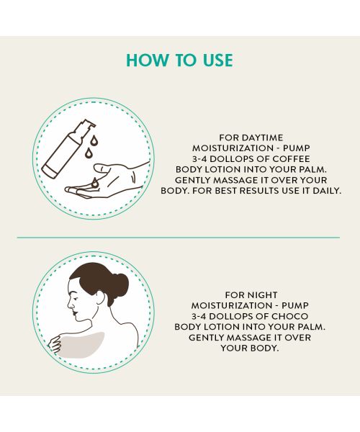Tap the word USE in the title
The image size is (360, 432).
tap(215, 59)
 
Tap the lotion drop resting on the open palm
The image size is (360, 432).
tap(94, 182)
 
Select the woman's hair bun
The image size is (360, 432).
tap(120, 282)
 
